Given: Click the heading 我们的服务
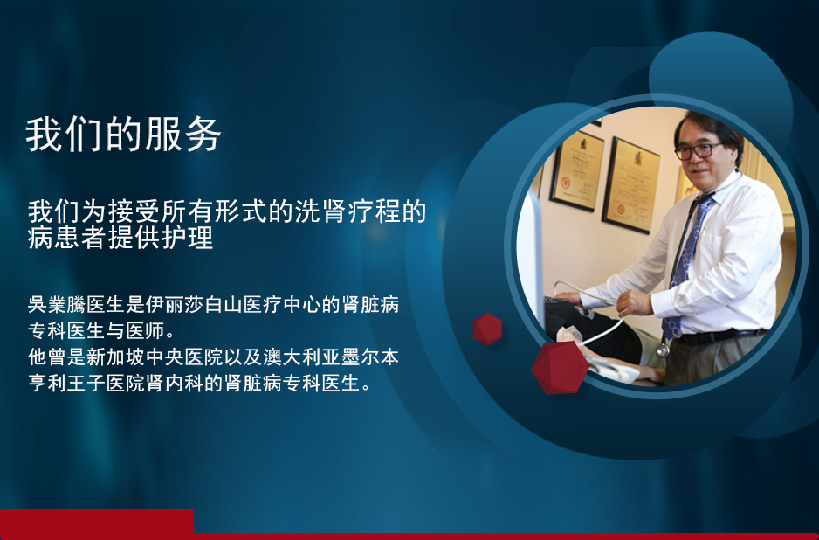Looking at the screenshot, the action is [x=123, y=135].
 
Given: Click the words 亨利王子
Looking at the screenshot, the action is [x=67, y=384].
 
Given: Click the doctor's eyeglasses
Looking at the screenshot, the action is [x=698, y=151].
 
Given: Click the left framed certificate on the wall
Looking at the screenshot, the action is [x=576, y=171].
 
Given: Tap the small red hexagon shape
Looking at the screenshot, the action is [x=487, y=329].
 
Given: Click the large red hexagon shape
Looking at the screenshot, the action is [x=560, y=368].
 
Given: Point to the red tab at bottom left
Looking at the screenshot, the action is [x=97, y=521].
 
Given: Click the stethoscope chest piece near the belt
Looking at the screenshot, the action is [x=663, y=350].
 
